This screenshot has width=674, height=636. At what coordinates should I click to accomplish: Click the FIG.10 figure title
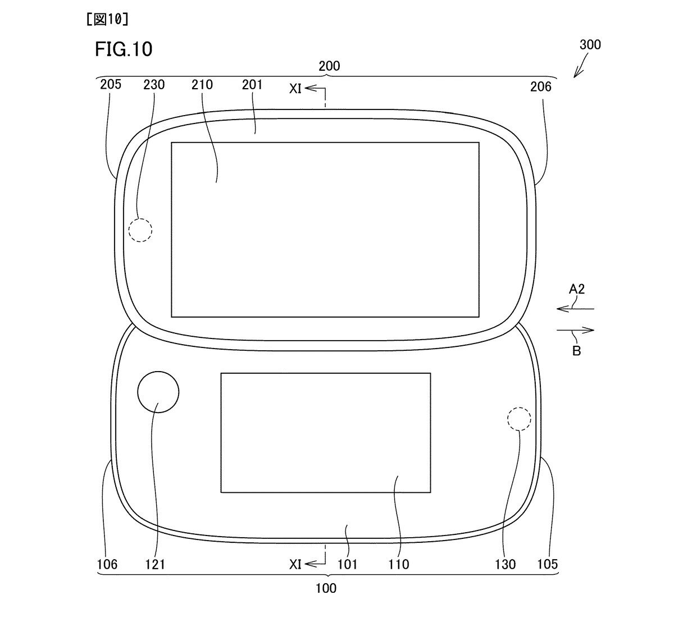(x=124, y=49)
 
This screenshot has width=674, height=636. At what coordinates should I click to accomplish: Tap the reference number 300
(x=590, y=44)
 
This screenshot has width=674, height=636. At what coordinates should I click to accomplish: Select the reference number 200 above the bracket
(x=329, y=66)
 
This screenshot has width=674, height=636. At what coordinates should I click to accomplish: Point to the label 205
(x=111, y=84)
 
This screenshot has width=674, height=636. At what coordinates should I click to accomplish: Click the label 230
(x=154, y=84)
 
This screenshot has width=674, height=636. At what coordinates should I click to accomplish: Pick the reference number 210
(x=202, y=84)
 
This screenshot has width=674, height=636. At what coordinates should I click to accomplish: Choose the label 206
(x=541, y=87)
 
